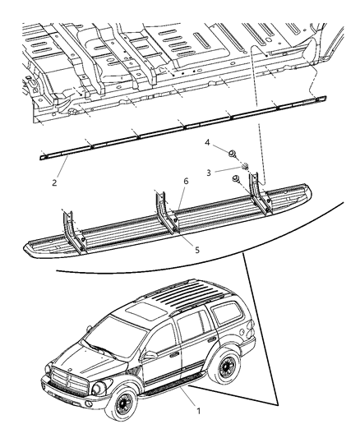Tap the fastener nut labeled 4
pyautogui.click(x=233, y=154)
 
